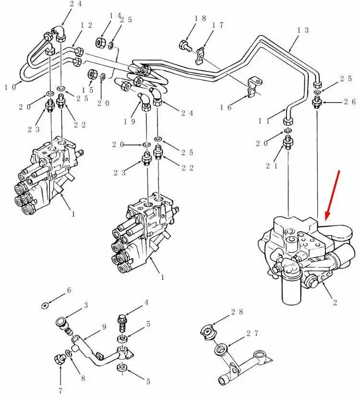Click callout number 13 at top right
[x=303, y=30]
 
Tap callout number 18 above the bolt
[x=200, y=19]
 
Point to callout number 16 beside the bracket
[x=226, y=107]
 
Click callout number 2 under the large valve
[x=335, y=302]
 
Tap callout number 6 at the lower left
[x=69, y=290]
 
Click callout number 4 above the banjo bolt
[x=146, y=303]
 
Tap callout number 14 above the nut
[x=116, y=16]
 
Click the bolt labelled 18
[x=184, y=46]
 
